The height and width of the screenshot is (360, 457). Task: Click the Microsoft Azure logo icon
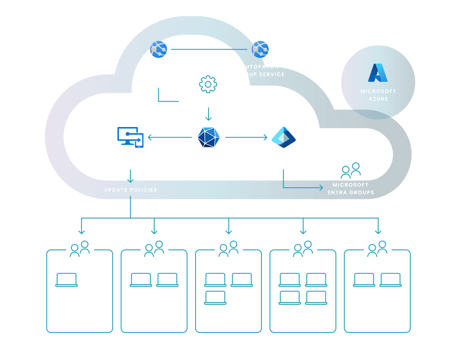coord(378,72)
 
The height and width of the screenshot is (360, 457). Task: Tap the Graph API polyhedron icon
coord(209,137)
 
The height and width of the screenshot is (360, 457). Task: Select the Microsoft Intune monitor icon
coord(130,138)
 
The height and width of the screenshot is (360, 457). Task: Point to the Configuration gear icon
coord(208,84)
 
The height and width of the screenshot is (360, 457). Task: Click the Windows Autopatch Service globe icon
coord(159,50)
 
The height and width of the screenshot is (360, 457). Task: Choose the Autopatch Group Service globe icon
coord(260,50)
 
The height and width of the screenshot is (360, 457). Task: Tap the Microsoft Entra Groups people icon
coord(351,170)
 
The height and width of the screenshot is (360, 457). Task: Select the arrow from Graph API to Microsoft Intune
coord(169,137)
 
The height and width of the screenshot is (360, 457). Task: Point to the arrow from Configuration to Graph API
coord(208,114)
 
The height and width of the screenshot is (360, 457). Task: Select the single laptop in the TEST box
coord(66,280)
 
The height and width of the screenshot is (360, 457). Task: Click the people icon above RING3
coord(303,249)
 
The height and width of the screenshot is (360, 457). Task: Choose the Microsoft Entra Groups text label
coord(350,188)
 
